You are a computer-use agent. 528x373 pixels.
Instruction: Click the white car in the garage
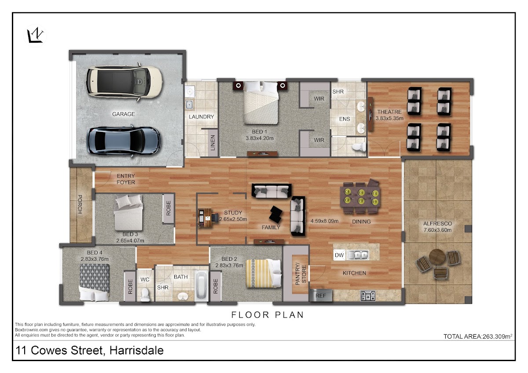coord(125,81)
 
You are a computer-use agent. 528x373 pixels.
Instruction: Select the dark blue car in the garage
coord(123,141)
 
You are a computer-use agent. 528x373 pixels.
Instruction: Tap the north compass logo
coord(35,36)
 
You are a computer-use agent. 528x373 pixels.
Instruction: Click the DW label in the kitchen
coord(339,255)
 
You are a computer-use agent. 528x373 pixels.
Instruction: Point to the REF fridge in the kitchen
coord(321,296)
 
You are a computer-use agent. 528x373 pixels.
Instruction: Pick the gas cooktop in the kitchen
coord(368,296)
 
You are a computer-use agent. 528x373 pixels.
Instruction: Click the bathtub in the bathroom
coord(201,286)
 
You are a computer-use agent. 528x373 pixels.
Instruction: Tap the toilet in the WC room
coord(145,294)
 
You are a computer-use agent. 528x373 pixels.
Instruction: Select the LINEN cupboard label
coord(213,143)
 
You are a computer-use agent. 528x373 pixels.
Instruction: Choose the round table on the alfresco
coord(437,257)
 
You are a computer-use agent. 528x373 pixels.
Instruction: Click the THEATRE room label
coord(389,112)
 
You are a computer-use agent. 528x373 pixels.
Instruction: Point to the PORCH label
coord(80,204)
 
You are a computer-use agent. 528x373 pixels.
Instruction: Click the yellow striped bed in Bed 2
coord(264,274)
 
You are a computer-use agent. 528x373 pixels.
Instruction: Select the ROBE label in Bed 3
coord(168,208)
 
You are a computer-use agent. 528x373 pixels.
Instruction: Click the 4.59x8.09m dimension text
coord(324,221)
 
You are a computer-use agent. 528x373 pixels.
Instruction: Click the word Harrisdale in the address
coord(136,350)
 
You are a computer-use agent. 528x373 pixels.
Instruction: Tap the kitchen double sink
coord(357,255)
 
